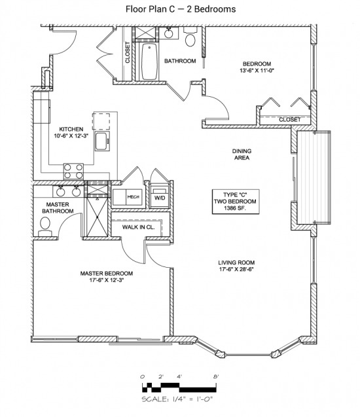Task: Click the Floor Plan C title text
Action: tap(181, 9)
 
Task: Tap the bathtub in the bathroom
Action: tap(149, 62)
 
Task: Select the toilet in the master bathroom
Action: tap(45, 227)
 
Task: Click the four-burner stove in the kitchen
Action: tap(73, 172)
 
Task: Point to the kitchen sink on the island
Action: tap(102, 141)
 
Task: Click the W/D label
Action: tap(160, 198)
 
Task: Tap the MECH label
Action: tap(134, 197)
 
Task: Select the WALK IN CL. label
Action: tap(138, 227)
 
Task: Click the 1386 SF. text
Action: tap(235, 208)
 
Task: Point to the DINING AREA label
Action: tap(242, 154)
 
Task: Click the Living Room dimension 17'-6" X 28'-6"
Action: tap(236, 269)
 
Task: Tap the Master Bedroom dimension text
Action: tap(107, 280)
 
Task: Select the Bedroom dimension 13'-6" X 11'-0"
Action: tap(257, 71)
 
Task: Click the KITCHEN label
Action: tap(71, 129)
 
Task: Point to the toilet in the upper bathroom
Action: tap(190, 37)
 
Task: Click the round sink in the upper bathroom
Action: tap(168, 33)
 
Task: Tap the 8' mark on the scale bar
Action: tap(216, 376)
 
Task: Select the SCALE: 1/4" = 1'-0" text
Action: tap(177, 399)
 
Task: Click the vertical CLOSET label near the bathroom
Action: tap(128, 52)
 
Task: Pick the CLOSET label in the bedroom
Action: tap(289, 120)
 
